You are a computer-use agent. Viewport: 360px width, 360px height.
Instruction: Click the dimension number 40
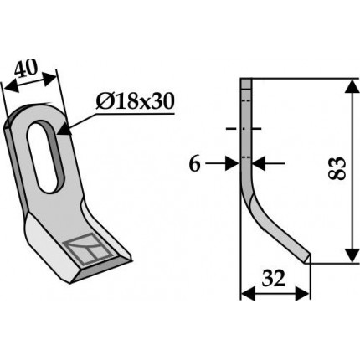click(26, 69)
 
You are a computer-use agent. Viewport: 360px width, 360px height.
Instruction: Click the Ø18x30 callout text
click(135, 101)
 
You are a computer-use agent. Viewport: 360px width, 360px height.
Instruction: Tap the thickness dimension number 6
click(195, 164)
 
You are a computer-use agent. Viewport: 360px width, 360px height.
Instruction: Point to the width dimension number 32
click(274, 279)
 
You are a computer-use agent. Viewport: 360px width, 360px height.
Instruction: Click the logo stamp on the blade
click(88, 249)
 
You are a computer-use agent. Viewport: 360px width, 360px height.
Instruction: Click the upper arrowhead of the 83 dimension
click(352, 86)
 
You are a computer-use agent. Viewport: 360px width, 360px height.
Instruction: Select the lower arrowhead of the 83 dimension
click(352, 255)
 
